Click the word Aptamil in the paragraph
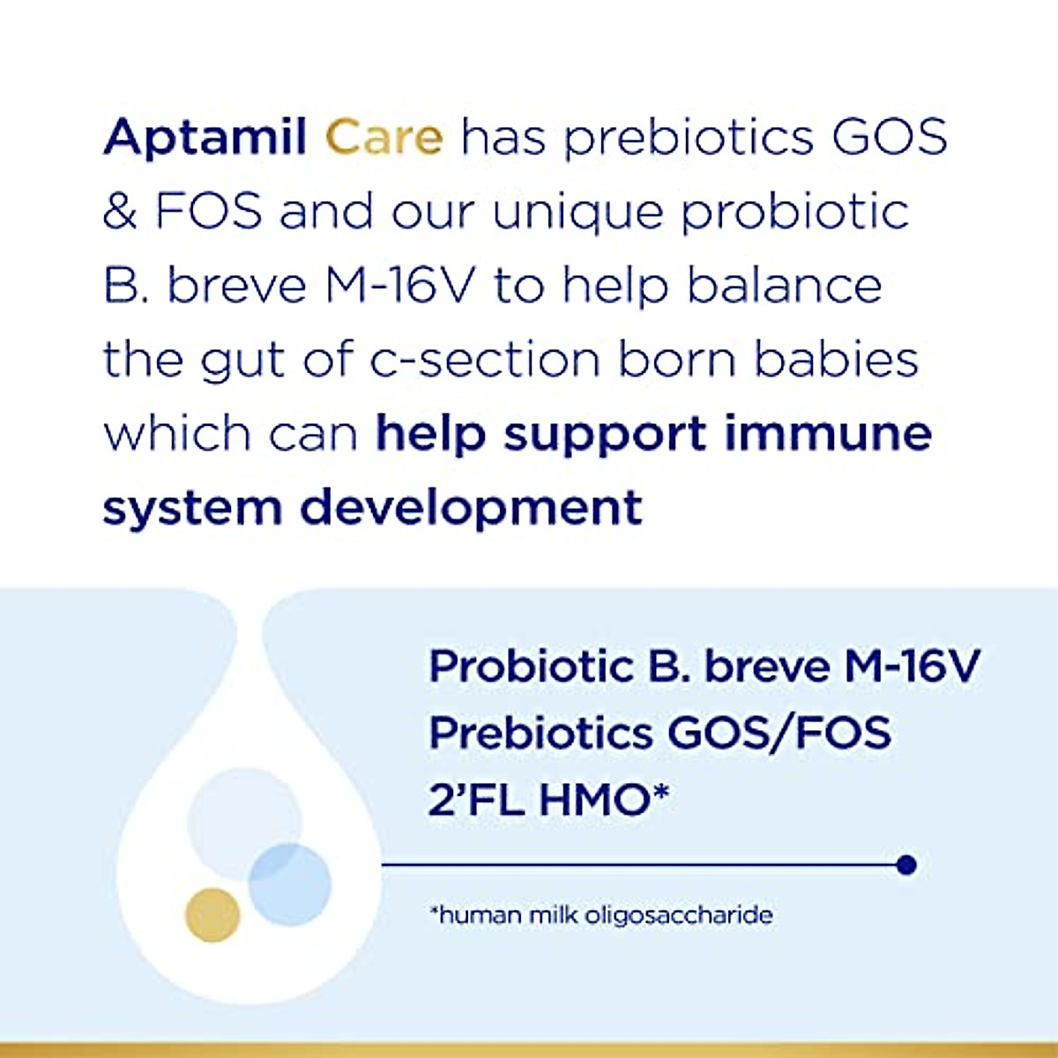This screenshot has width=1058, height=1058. click(x=205, y=138)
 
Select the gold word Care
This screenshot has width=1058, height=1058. click(x=384, y=138)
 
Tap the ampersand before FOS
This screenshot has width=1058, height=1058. click(x=119, y=212)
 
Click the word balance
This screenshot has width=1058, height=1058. click(x=785, y=287)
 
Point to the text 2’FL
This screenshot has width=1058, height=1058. click(x=477, y=800)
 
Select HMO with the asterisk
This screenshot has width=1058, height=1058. click(x=604, y=800)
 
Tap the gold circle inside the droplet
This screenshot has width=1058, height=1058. click(x=212, y=914)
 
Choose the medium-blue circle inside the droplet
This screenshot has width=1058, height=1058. click(x=289, y=884)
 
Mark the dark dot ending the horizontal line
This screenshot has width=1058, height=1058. click(x=905, y=865)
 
